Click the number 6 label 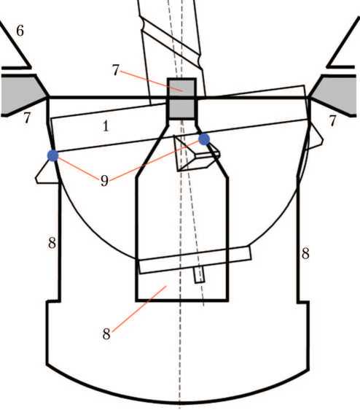[x=20, y=31]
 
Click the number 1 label [x=106, y=126]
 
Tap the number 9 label [x=104, y=181]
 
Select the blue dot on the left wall [x=52, y=155]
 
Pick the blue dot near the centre [x=204, y=139]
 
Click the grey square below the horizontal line [x=182, y=108]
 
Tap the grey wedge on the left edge [x=23, y=95]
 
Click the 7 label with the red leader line [x=116, y=70]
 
